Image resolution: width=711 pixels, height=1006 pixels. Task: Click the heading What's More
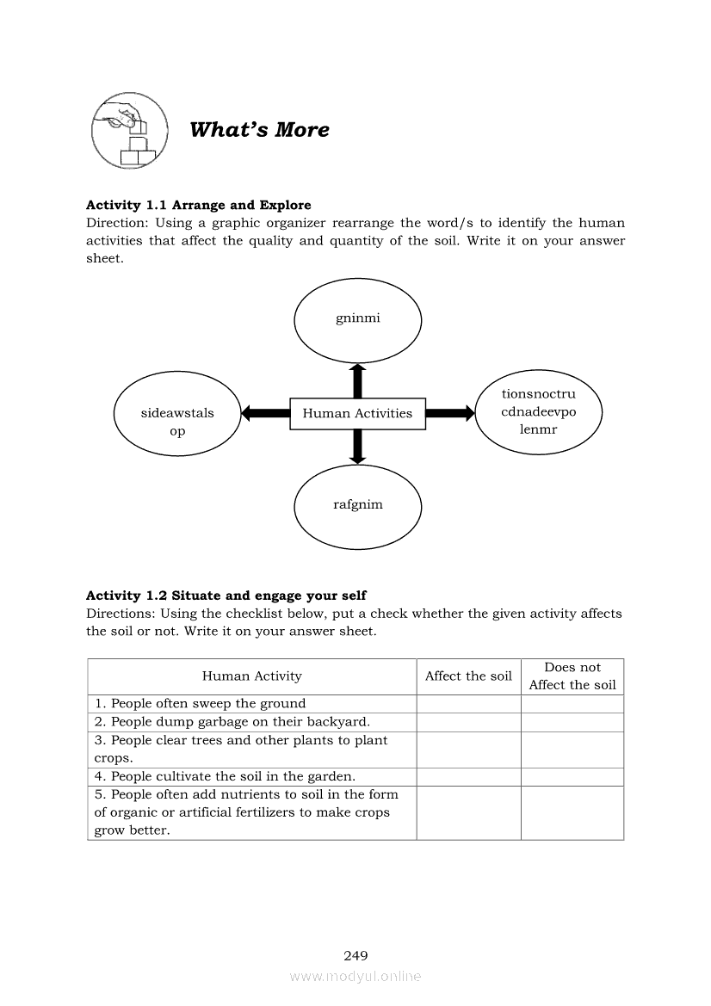pos(259,130)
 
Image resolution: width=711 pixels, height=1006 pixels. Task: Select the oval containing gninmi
pos(357,319)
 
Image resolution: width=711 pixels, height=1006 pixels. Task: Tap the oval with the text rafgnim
pos(357,505)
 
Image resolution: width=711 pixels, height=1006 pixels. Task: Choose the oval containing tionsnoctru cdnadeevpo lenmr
pos(538,411)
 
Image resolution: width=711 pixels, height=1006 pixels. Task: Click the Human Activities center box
pos(357,413)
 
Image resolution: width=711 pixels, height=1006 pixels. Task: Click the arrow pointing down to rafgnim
pos(358,446)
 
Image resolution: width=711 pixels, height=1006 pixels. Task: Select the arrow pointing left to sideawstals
pos(265,413)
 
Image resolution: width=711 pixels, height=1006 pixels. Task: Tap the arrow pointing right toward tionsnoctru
pos(450,413)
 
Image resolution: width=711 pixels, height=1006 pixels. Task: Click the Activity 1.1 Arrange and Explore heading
pos(199,205)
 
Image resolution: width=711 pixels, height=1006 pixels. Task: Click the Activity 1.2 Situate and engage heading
pos(226,596)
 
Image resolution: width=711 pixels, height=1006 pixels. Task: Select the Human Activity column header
pos(252,676)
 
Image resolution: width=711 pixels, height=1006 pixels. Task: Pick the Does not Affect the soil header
pos(572,676)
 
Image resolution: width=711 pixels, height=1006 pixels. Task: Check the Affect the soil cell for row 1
pos(468,704)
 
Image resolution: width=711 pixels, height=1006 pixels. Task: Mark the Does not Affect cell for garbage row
pos(572,722)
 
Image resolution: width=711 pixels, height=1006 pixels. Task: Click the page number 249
pos(355,955)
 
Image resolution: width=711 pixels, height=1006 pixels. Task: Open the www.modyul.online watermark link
pos(355,977)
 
